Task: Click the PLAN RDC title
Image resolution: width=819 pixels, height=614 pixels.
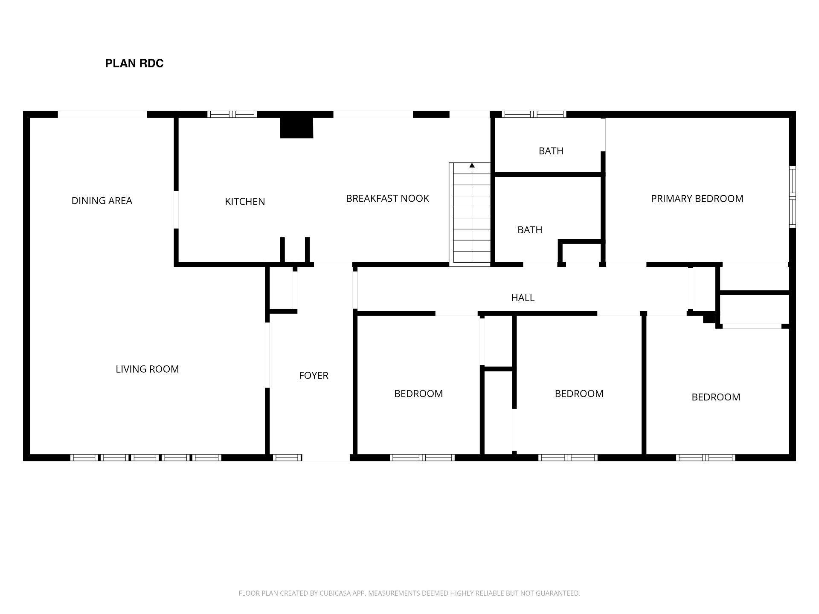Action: tap(134, 64)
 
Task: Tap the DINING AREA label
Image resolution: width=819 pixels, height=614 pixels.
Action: tap(102, 201)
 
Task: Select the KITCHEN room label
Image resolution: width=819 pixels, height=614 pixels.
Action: tap(245, 202)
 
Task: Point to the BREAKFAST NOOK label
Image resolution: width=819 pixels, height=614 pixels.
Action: tap(387, 199)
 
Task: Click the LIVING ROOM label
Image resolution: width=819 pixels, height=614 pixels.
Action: tap(147, 369)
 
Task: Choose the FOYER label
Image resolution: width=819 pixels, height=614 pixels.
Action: tap(314, 376)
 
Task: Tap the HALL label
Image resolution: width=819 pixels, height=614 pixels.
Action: tap(523, 298)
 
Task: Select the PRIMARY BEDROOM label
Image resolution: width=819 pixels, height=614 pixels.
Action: tap(697, 199)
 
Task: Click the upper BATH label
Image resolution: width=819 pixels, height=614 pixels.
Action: tap(551, 151)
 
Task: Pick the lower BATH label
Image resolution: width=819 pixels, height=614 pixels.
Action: tap(530, 230)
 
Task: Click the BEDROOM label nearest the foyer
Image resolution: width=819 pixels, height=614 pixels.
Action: tap(418, 394)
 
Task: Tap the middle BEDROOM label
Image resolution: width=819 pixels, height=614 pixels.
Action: tap(579, 394)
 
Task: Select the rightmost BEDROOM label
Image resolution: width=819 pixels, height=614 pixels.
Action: tap(716, 397)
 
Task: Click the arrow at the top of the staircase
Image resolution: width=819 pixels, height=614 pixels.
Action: tap(472, 165)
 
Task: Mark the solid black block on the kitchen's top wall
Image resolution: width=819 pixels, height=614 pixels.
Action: tap(296, 127)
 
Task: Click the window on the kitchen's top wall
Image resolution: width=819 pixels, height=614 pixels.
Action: tap(232, 114)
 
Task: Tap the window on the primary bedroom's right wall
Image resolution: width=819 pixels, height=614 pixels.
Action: tap(793, 197)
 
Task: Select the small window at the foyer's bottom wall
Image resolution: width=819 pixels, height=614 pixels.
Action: tap(288, 458)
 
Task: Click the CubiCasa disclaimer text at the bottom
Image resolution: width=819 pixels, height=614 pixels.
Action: tap(409, 593)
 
